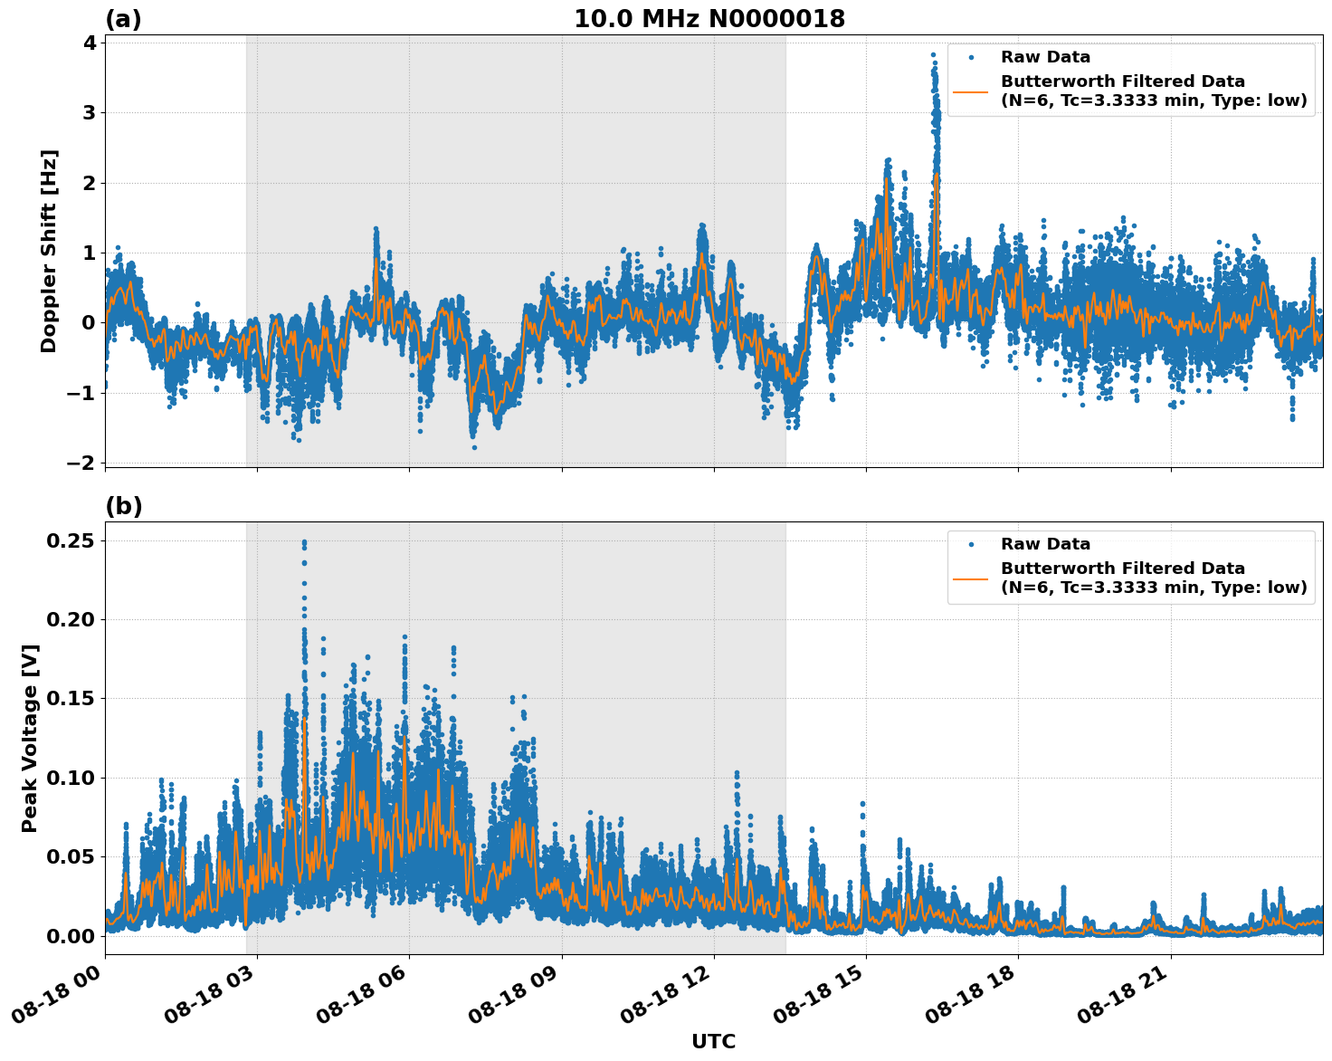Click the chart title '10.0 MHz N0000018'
click(709, 19)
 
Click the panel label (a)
click(123, 19)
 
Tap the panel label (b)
click(123, 506)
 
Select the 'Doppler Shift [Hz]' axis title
click(49, 251)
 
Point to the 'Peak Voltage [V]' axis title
click(30, 738)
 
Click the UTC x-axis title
click(713, 1041)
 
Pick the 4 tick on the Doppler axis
click(89, 43)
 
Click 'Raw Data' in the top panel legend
click(1045, 57)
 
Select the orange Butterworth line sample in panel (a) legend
click(970, 91)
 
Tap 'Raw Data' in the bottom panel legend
click(1045, 544)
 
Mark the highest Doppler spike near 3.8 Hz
click(933, 55)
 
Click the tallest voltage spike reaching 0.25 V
click(304, 542)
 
